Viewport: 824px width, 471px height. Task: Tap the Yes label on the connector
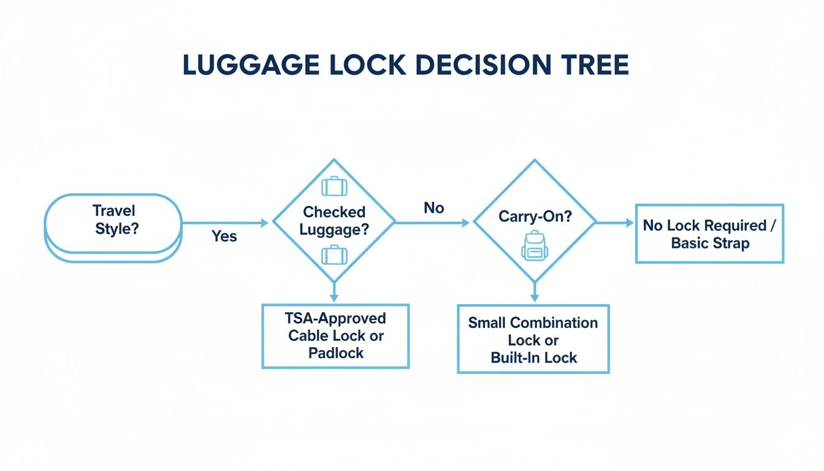224,236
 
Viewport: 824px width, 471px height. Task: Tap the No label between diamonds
433,209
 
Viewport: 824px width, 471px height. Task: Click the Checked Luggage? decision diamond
334,221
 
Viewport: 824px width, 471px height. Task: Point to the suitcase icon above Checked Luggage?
334,186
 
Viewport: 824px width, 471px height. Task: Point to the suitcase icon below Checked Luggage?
334,254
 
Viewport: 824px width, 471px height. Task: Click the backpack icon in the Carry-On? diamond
533,245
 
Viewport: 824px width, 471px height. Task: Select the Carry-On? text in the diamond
534,216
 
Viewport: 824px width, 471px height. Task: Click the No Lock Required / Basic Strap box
709,234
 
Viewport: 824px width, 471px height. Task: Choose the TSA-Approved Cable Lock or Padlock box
335,336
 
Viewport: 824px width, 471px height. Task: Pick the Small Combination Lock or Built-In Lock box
533,339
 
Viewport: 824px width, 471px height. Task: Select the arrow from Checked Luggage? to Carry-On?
433,223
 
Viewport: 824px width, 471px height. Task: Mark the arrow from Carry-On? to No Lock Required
615,223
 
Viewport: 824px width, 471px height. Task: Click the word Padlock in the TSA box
335,353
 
